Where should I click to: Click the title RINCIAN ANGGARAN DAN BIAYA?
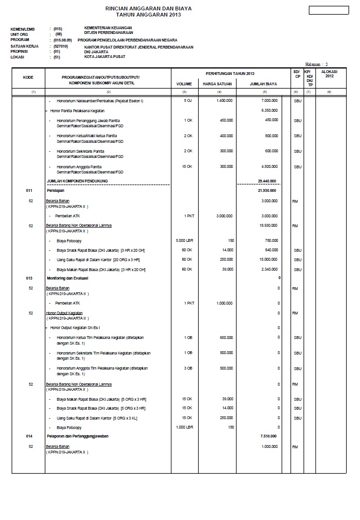click(148, 8)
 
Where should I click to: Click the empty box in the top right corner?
click(328, 10)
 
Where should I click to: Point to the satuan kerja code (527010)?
click(61, 47)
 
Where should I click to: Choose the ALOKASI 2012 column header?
click(329, 74)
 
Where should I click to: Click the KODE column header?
click(28, 77)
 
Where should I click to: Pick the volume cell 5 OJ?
click(188, 101)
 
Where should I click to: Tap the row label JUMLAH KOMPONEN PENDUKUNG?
click(77, 181)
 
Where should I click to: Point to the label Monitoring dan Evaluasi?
click(67, 278)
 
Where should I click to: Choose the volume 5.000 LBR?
click(184, 240)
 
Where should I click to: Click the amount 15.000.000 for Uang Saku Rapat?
click(268, 260)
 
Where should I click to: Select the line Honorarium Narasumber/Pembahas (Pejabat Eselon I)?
click(100, 101)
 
